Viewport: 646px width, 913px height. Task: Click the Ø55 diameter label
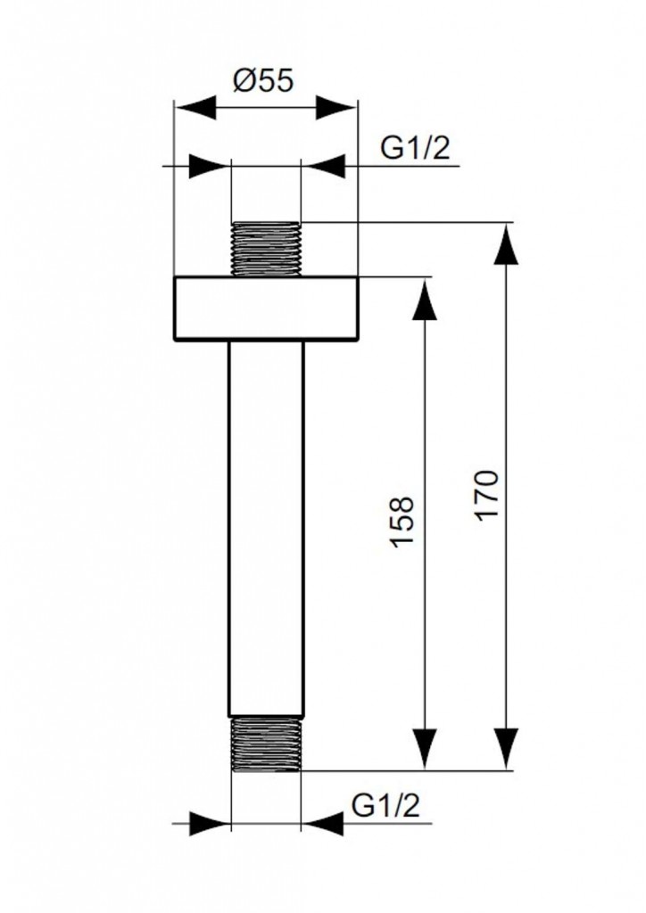[x=263, y=81]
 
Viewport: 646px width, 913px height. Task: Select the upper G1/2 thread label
[x=415, y=149]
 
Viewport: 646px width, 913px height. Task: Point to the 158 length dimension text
[x=403, y=522]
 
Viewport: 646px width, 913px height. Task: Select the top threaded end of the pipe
[x=266, y=248]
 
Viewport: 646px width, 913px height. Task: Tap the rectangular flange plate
[x=265, y=308]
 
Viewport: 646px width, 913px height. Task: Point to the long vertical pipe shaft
[x=266, y=526]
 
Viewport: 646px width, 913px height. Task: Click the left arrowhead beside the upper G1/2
[x=210, y=167]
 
